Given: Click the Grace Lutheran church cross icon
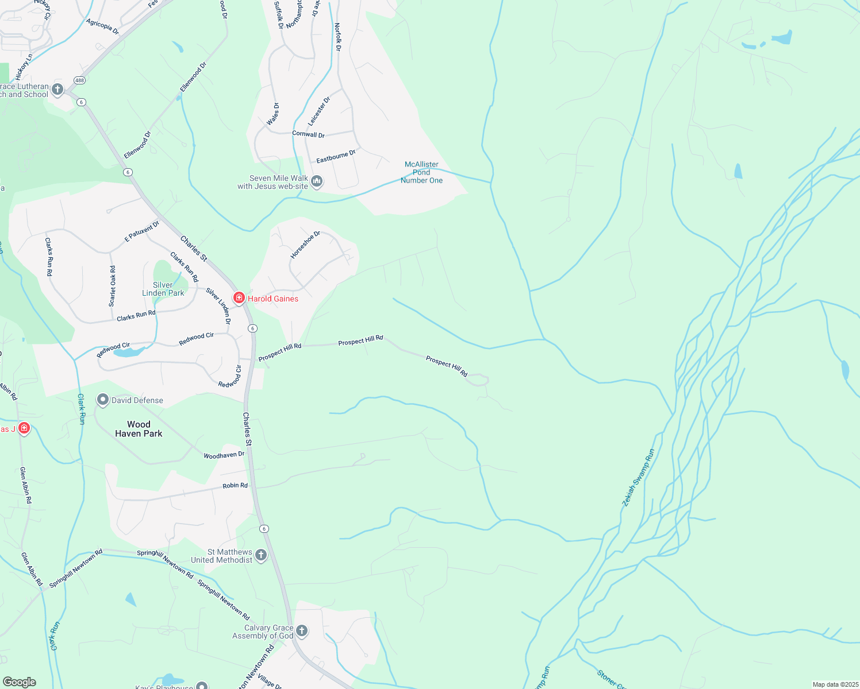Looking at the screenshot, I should [x=57, y=89].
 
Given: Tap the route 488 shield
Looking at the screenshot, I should [x=79, y=81].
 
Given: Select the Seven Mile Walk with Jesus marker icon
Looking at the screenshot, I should [x=317, y=182].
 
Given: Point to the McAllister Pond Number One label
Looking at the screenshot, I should [x=421, y=172].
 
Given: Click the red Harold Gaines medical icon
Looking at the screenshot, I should [x=239, y=298].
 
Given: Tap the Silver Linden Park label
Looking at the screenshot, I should [x=163, y=289].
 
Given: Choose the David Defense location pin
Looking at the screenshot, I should [x=103, y=400].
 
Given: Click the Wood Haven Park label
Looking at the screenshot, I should [x=139, y=429].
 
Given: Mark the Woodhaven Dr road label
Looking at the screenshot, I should [x=224, y=455].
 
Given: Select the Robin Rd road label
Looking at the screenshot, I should [x=235, y=485].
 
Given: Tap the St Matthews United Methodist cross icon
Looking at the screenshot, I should [x=261, y=555].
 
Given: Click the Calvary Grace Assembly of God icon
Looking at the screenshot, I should [x=301, y=631].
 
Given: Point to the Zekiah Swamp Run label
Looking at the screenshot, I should [x=638, y=478].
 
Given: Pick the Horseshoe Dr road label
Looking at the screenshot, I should [x=305, y=245].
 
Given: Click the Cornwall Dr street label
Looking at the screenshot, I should [x=308, y=134].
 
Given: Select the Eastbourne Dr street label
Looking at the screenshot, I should [x=336, y=156].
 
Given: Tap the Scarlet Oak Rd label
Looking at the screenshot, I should [x=113, y=285].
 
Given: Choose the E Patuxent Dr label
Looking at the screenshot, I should [x=142, y=231].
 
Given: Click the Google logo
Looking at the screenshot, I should [x=19, y=682].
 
